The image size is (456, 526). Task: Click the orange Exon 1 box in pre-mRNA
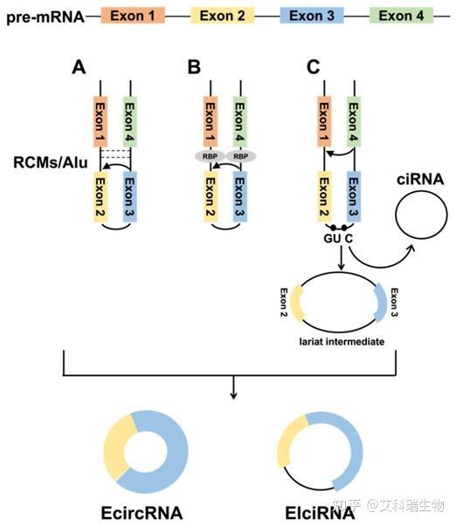coord(133,16)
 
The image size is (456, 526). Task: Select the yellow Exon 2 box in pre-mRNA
coord(222,16)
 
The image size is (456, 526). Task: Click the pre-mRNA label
coord(44,16)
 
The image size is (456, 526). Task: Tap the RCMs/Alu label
coord(46,161)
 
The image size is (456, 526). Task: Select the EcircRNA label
coord(142,511)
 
